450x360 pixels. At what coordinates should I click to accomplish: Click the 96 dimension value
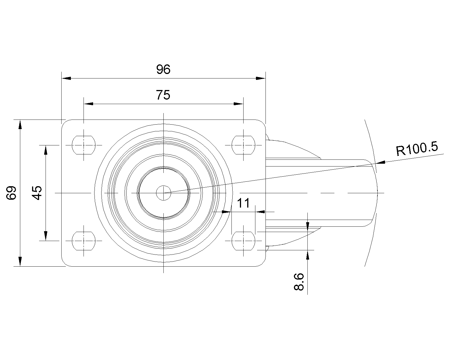pyautogui.click(x=163, y=69)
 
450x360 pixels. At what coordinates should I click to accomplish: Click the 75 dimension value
pyautogui.click(x=163, y=95)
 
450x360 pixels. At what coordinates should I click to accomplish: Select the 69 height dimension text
pyautogui.click(x=11, y=193)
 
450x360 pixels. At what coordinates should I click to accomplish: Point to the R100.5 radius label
pyautogui.click(x=417, y=149)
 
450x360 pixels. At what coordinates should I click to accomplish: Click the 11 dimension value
pyautogui.click(x=243, y=203)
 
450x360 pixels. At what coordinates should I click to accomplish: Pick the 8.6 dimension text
pyautogui.click(x=299, y=282)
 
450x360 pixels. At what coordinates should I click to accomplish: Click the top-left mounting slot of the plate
pyautogui.click(x=84, y=145)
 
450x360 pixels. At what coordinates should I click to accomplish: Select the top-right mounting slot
pyautogui.click(x=243, y=145)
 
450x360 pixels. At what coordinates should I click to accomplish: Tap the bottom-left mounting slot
pyautogui.click(x=84, y=241)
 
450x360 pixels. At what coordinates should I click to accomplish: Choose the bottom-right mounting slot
pyautogui.click(x=243, y=241)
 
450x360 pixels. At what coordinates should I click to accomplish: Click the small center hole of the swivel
pyautogui.click(x=163, y=193)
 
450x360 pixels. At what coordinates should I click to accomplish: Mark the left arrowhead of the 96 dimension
pyautogui.click(x=66, y=78)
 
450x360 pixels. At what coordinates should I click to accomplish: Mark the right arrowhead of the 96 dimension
pyautogui.click(x=261, y=78)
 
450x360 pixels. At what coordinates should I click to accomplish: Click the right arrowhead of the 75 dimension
pyautogui.click(x=238, y=104)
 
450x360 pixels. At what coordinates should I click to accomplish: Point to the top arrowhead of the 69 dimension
pyautogui.click(x=20, y=125)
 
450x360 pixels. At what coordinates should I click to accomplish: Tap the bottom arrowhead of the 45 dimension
pyautogui.click(x=46, y=236)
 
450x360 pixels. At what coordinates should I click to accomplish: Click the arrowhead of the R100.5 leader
pyautogui.click(x=381, y=162)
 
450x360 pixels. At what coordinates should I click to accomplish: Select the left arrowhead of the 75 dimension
pyautogui.click(x=88, y=104)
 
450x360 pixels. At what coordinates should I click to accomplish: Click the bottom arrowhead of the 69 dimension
pyautogui.click(x=20, y=262)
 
